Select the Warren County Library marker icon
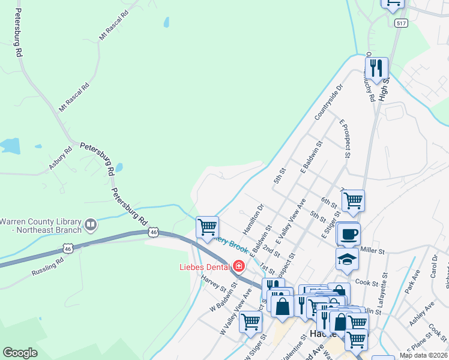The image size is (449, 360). pyautogui.click(x=91, y=225)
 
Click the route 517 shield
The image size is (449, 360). pyautogui.click(x=401, y=23)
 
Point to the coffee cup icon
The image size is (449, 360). pyautogui.click(x=348, y=234)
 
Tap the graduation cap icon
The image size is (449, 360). pyautogui.click(x=348, y=259)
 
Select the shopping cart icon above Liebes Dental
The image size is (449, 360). pyautogui.click(x=207, y=227)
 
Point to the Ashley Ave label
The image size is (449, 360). pyautogui.click(x=421, y=317)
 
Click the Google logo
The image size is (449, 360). pyautogui.click(x=20, y=353)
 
